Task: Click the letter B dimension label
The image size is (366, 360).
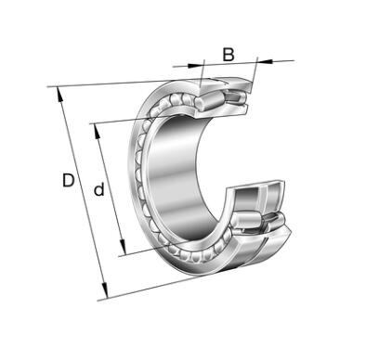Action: coord(229,55)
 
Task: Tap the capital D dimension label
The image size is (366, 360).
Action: coord(69,180)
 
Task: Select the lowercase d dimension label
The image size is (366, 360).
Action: coord(99,189)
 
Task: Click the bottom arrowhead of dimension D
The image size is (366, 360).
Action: coord(105,291)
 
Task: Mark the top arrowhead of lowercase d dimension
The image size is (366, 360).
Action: coord(98,131)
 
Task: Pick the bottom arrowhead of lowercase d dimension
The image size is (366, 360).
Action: coord(123,247)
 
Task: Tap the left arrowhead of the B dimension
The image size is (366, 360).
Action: coord(195,65)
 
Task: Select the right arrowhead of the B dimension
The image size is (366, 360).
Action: coord(265,61)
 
